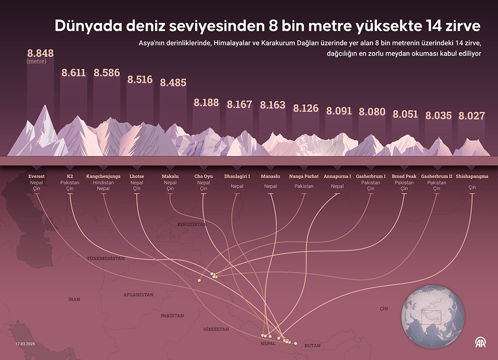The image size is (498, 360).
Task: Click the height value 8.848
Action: coord(40,53)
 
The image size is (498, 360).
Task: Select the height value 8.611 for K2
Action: coord(73,73)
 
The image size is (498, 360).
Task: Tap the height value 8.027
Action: coord(471,116)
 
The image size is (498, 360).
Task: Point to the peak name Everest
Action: coord(36,176)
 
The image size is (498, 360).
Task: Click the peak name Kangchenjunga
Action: coord(103,176)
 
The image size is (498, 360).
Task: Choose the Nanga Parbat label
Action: coord(304,176)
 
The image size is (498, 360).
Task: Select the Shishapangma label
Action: coord(472,176)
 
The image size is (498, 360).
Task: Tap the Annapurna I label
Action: coord(337,176)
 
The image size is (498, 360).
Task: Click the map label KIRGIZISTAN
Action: coord(192,225)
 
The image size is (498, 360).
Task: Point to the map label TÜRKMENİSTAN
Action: coord(106,259)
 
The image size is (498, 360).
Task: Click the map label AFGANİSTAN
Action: coord(138,295)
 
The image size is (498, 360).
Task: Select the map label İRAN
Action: coord(74,299)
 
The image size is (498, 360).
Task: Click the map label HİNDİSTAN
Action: coord(216,329)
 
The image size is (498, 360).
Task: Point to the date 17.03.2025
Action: coord(25,344)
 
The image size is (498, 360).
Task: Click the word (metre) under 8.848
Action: coord(36,61)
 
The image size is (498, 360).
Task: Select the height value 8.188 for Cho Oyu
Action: coord(206,102)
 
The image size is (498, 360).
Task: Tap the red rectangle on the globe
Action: coord(431,317)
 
